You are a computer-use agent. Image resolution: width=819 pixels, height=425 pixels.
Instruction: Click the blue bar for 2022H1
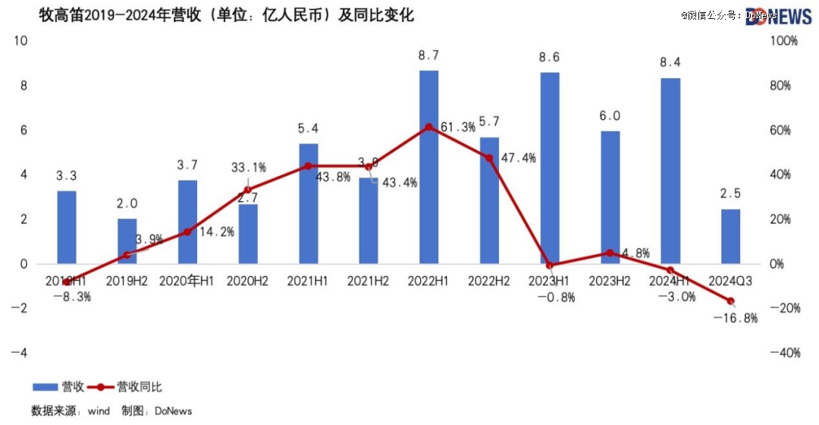coord(429,167)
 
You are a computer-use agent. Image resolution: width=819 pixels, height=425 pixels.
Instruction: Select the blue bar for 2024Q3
coord(730,236)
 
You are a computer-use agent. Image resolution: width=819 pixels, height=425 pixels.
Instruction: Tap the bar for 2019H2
coord(127,241)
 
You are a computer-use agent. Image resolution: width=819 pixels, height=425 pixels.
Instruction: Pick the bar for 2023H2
coord(610,197)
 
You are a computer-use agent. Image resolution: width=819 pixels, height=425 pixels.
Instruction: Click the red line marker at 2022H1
coord(429,127)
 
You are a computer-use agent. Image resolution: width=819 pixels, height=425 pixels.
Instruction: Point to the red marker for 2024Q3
coord(732,301)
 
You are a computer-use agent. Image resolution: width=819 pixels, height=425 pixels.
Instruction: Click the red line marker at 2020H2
coord(248,190)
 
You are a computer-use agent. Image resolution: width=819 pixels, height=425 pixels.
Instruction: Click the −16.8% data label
coord(736,319)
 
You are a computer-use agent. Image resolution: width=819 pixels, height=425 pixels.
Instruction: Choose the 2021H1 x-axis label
coord(308,282)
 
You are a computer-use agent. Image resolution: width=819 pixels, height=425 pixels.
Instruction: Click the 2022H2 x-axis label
coord(489,282)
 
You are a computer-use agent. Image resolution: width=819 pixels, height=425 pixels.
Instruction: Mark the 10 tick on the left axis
coord(20,41)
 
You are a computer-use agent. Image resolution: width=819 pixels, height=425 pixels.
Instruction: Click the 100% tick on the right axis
coord(784,41)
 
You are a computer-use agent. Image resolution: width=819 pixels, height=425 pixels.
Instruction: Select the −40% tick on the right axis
coord(784,353)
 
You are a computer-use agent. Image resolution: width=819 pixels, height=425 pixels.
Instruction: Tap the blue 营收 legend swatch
coord(45,387)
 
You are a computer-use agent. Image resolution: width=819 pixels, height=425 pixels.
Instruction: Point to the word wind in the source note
coord(99,411)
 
